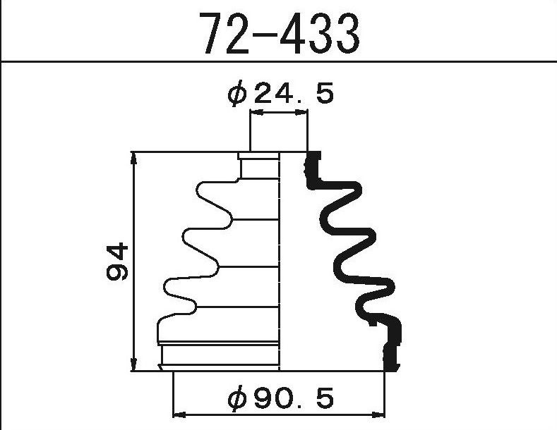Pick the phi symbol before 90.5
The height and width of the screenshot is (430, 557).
(x=239, y=400)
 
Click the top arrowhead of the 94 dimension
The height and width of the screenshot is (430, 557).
(x=134, y=158)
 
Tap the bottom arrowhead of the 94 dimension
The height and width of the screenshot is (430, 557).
(x=134, y=365)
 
